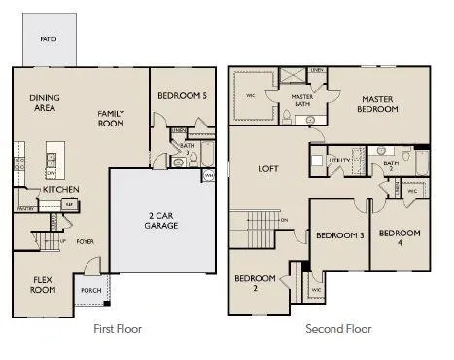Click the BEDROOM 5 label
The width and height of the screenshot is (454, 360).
(x=182, y=96)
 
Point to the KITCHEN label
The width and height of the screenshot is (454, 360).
(x=60, y=189)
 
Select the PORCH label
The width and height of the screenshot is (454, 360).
(x=91, y=289)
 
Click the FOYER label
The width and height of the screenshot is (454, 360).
(x=85, y=242)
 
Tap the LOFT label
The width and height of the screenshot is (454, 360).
(x=268, y=168)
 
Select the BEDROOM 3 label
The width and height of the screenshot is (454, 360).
(x=339, y=235)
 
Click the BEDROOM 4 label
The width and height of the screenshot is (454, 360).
(x=400, y=238)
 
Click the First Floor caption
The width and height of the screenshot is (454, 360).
(x=117, y=329)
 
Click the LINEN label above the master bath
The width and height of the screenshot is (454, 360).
(x=317, y=70)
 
